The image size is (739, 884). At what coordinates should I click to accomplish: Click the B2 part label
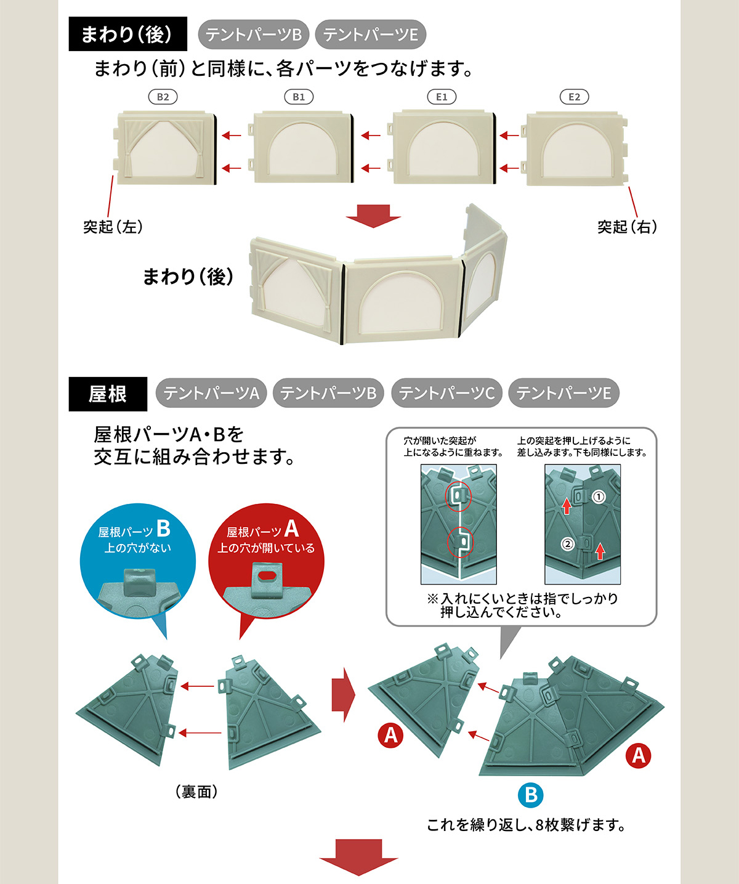tap(163, 97)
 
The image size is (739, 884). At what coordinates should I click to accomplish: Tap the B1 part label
tap(299, 97)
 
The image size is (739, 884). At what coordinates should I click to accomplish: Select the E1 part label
tap(442, 97)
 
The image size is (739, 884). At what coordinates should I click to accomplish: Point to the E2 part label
tap(574, 97)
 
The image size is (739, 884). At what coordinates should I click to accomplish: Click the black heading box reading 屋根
tap(108, 394)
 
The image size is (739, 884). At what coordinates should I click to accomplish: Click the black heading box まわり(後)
tap(128, 34)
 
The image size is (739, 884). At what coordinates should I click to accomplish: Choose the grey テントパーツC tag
tap(446, 393)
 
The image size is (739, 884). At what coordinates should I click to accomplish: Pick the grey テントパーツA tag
tap(211, 393)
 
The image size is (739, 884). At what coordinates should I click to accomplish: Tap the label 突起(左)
tap(113, 227)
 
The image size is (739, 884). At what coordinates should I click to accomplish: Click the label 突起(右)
tap(628, 227)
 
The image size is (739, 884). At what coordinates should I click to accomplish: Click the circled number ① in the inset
tap(598, 497)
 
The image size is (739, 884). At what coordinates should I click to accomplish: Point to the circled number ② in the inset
tap(568, 543)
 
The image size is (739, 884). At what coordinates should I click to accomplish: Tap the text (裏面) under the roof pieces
tap(197, 791)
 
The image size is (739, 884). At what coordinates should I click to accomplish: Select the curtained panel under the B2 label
tap(165, 148)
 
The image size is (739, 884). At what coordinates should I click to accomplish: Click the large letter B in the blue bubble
tap(163, 529)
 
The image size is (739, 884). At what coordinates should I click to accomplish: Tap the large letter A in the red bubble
tap(292, 529)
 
